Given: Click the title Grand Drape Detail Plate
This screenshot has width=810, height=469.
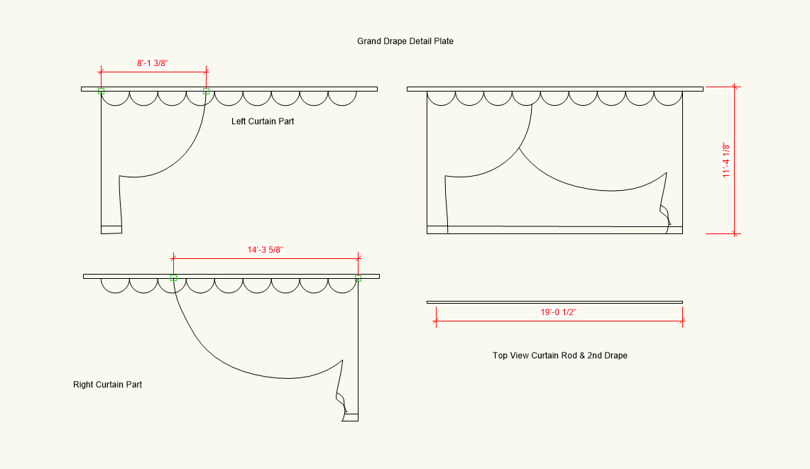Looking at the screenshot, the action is point(405,41).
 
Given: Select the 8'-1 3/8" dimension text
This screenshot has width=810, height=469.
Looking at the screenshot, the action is point(153,63).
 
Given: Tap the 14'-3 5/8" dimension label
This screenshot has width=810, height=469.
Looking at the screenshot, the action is point(266,250).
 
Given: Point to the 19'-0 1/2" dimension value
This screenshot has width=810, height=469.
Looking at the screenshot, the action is point(559,311).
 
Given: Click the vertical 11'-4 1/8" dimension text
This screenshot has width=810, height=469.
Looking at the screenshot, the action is point(727,160).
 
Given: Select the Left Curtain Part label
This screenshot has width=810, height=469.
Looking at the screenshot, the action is point(263,121).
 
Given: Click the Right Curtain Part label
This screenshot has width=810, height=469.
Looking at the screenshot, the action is point(107,385).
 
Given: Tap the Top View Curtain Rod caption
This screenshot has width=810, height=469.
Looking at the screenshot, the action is point(559,355).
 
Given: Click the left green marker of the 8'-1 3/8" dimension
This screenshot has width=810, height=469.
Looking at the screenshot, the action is point(101,92).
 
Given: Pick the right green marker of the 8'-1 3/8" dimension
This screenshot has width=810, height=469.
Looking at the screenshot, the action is point(206,92).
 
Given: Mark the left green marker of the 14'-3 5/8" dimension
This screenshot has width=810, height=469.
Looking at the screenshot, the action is point(173,277).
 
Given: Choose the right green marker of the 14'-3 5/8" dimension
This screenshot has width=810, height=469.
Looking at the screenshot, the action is point(358,278).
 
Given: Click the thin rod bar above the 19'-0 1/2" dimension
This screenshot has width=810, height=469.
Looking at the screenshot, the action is point(554,302).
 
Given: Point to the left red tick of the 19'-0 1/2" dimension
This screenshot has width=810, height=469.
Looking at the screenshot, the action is point(435,321).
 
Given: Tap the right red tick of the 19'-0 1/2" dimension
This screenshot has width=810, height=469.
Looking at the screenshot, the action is point(683,321).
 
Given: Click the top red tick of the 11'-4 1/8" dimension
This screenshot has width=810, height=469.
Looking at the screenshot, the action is point(735,87).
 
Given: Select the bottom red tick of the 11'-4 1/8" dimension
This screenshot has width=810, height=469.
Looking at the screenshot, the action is point(735,233).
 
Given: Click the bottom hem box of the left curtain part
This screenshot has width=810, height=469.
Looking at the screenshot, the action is point(111,229).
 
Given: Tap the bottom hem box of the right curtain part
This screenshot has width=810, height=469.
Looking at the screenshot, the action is point(350,417).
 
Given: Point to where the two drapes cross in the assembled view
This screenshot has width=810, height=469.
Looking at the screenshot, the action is point(520,148).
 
